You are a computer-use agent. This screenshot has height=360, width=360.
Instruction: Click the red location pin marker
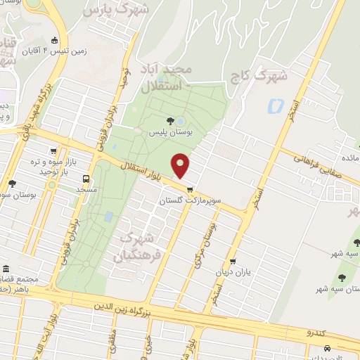coord(181,166)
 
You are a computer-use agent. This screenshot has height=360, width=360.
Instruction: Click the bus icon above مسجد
coord(86,179)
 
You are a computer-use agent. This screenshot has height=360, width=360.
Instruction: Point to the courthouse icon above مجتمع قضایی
coord(6,269)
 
